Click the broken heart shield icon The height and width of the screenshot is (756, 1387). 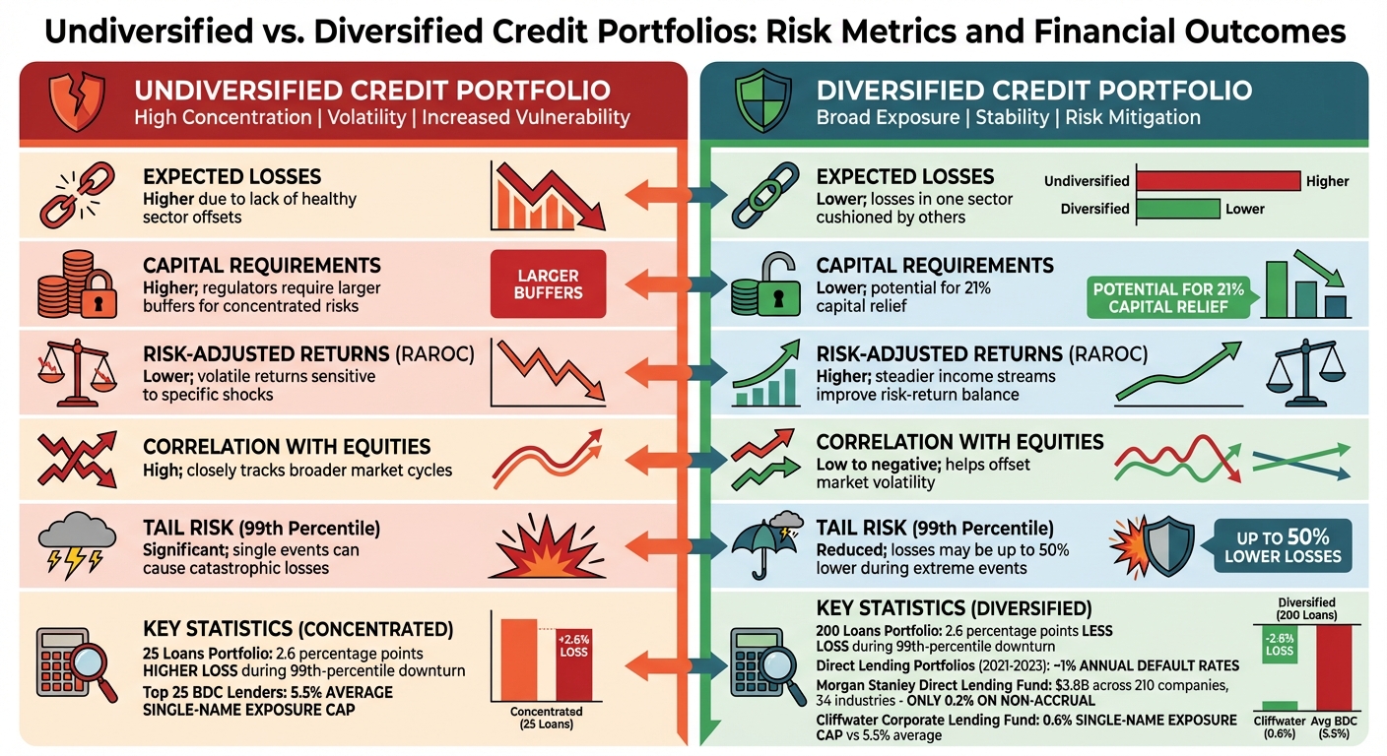[x=75, y=103]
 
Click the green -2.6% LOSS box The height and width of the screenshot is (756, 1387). [x=1279, y=644]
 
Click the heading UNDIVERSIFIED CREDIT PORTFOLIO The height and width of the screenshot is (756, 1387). [x=372, y=91]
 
